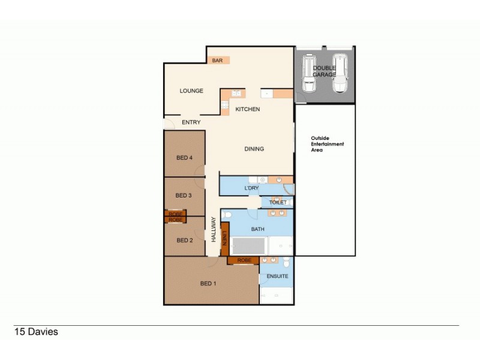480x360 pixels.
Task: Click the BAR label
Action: (x=217, y=61)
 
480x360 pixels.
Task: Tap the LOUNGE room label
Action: (x=191, y=91)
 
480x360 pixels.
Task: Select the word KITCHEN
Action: (x=247, y=109)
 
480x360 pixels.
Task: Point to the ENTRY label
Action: (x=191, y=122)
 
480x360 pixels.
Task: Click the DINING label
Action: (x=254, y=149)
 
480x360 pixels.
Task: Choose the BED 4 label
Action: (x=184, y=158)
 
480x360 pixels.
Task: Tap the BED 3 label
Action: (x=183, y=196)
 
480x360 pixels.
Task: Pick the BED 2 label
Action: (x=184, y=241)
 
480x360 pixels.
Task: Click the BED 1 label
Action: (x=208, y=283)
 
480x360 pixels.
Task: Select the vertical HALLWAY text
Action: (x=214, y=229)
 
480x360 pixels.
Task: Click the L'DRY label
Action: (x=251, y=189)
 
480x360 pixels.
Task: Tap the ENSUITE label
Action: (x=277, y=276)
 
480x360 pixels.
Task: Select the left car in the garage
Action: (x=309, y=73)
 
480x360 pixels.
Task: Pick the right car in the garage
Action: (x=340, y=73)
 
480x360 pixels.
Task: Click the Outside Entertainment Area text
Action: (x=327, y=144)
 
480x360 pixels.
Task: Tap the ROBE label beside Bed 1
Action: (x=244, y=260)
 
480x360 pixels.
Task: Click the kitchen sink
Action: (x=236, y=94)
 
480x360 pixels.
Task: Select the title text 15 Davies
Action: (x=36, y=331)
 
